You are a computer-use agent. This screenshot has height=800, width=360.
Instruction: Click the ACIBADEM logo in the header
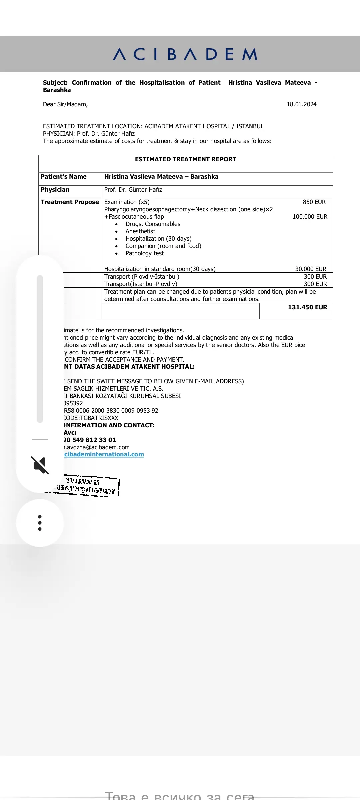click(x=185, y=54)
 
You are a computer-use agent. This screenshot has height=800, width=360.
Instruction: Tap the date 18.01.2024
click(x=301, y=104)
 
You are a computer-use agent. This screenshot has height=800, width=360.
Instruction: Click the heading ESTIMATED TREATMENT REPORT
click(x=185, y=159)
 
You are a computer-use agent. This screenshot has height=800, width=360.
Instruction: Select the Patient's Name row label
click(x=64, y=177)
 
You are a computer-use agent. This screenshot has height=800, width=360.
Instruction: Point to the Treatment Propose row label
click(x=70, y=202)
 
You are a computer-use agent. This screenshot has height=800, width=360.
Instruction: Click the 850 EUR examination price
click(x=314, y=202)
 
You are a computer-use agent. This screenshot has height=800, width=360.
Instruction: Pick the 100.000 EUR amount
click(x=310, y=217)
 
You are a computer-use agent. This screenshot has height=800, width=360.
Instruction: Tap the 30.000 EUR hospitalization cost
click(x=310, y=269)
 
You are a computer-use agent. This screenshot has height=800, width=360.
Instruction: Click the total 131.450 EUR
click(x=307, y=307)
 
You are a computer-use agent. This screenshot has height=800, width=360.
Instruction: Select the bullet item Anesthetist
click(x=140, y=231)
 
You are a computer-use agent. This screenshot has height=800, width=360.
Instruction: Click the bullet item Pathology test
click(x=144, y=253)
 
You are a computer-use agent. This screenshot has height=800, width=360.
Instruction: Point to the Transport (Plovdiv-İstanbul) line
click(x=142, y=277)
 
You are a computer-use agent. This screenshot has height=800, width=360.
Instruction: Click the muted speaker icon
click(x=40, y=465)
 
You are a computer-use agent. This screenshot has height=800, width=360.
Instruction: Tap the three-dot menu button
click(x=40, y=523)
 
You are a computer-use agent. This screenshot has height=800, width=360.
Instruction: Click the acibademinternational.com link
click(x=104, y=454)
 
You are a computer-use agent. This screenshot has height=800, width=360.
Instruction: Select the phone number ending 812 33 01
click(x=90, y=440)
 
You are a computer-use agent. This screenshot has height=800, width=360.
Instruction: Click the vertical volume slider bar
click(x=40, y=349)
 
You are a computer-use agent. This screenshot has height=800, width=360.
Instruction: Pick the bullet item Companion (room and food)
click(x=163, y=246)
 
